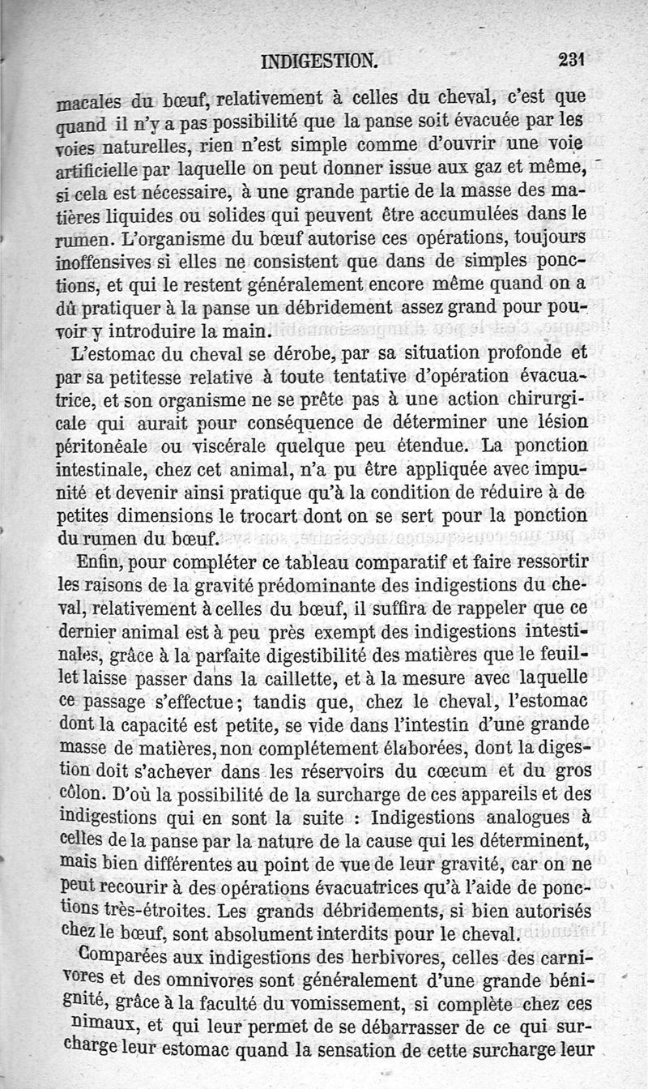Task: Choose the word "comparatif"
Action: [397, 561]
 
